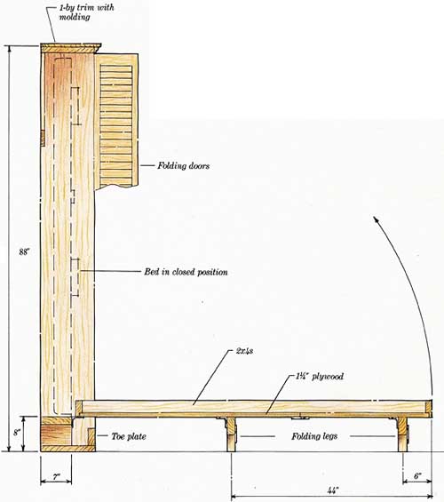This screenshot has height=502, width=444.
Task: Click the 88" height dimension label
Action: [x=24, y=252]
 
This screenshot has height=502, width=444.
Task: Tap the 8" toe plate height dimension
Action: [x=17, y=433]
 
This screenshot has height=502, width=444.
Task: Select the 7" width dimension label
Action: [x=56, y=477]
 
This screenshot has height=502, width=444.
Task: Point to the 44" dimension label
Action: [x=333, y=490]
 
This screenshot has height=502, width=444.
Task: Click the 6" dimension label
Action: [x=417, y=476]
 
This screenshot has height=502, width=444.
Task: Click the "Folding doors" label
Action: [x=183, y=166]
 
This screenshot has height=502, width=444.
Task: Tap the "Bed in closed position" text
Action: [x=186, y=272]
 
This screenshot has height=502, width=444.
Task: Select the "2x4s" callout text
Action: [x=245, y=351]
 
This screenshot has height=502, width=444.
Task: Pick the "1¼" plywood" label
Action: [x=320, y=377]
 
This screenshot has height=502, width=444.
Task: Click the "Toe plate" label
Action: [x=129, y=436]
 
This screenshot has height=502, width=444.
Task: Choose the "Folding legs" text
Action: [x=314, y=436]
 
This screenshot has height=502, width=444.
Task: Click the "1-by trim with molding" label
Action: [x=86, y=12]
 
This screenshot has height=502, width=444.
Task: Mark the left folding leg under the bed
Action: [x=231, y=434]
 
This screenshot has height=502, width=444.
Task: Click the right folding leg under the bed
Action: [x=403, y=434]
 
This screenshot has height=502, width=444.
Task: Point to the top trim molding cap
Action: [x=70, y=48]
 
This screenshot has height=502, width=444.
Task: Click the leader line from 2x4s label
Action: [x=212, y=378]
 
